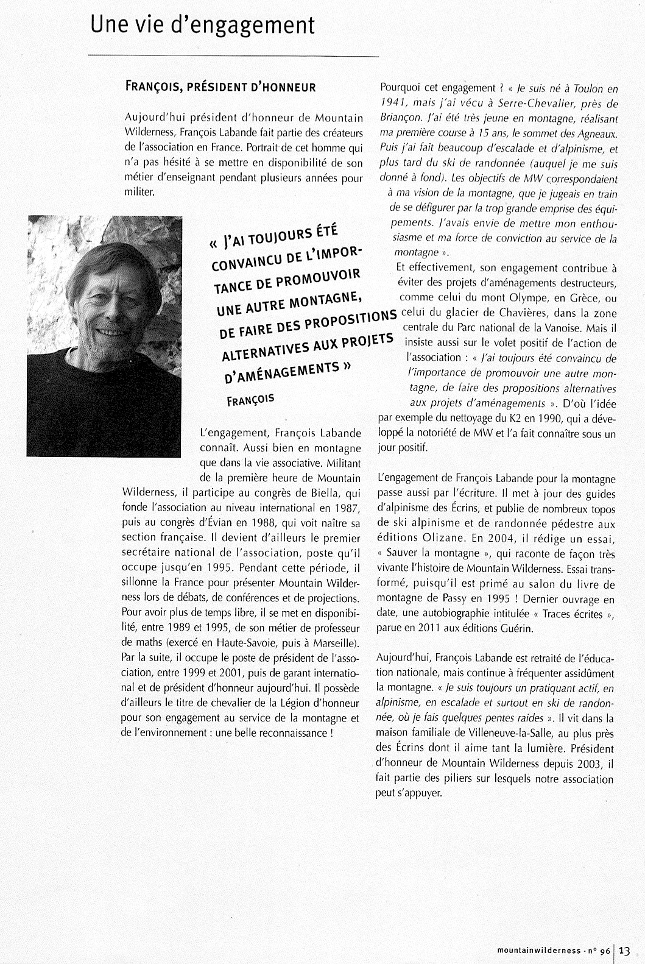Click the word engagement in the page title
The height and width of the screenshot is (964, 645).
259,26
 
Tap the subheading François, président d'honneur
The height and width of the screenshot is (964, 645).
220,87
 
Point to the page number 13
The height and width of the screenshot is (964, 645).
625,951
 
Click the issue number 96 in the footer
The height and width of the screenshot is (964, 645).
604,951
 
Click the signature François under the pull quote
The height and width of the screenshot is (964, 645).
250,400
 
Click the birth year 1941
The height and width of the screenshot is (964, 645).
393,104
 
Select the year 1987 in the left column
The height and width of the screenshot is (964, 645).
348,508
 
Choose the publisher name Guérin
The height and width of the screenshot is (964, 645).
517,629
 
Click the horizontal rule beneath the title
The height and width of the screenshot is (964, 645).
234,55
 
